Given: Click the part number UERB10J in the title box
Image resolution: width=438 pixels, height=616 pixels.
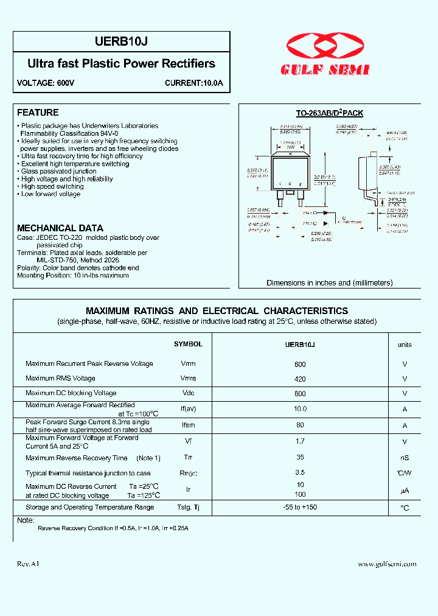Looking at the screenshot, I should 122,42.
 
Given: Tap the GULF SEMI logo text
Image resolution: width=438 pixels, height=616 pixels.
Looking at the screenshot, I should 325,71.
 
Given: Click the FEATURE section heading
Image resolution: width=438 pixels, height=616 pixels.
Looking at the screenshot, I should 38,113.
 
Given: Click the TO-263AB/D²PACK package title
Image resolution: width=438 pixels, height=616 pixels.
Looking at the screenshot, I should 329,113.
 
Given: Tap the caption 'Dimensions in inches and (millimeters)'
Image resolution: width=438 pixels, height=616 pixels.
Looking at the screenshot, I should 329,283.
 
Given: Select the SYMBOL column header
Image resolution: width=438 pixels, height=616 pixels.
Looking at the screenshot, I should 188,345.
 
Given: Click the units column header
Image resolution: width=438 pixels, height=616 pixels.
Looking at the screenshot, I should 405,345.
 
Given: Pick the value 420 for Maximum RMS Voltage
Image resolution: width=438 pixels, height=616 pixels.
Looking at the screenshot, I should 299,379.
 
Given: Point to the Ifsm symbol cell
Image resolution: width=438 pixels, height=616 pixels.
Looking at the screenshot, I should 188,425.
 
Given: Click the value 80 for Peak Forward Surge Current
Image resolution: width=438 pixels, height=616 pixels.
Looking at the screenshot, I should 299,425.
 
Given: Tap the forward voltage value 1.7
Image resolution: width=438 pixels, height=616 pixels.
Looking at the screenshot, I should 299,441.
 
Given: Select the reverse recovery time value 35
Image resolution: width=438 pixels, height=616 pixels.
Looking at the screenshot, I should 299,457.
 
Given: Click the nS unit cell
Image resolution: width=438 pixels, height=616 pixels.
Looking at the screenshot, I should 405,458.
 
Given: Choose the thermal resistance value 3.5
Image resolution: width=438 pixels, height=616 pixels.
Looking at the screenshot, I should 299,472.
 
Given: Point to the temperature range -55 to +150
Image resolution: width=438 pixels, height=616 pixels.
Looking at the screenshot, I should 299,508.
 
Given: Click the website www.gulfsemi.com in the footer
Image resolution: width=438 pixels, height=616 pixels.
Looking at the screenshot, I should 387,564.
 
